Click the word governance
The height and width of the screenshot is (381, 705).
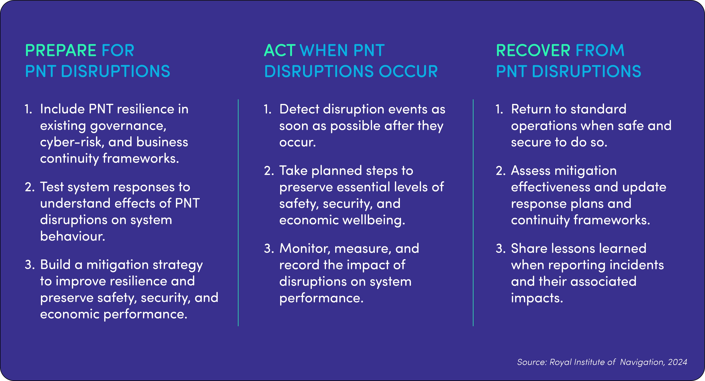tap(128, 126)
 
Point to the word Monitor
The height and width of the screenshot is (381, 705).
tap(305, 249)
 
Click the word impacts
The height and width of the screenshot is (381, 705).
tap(537, 298)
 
